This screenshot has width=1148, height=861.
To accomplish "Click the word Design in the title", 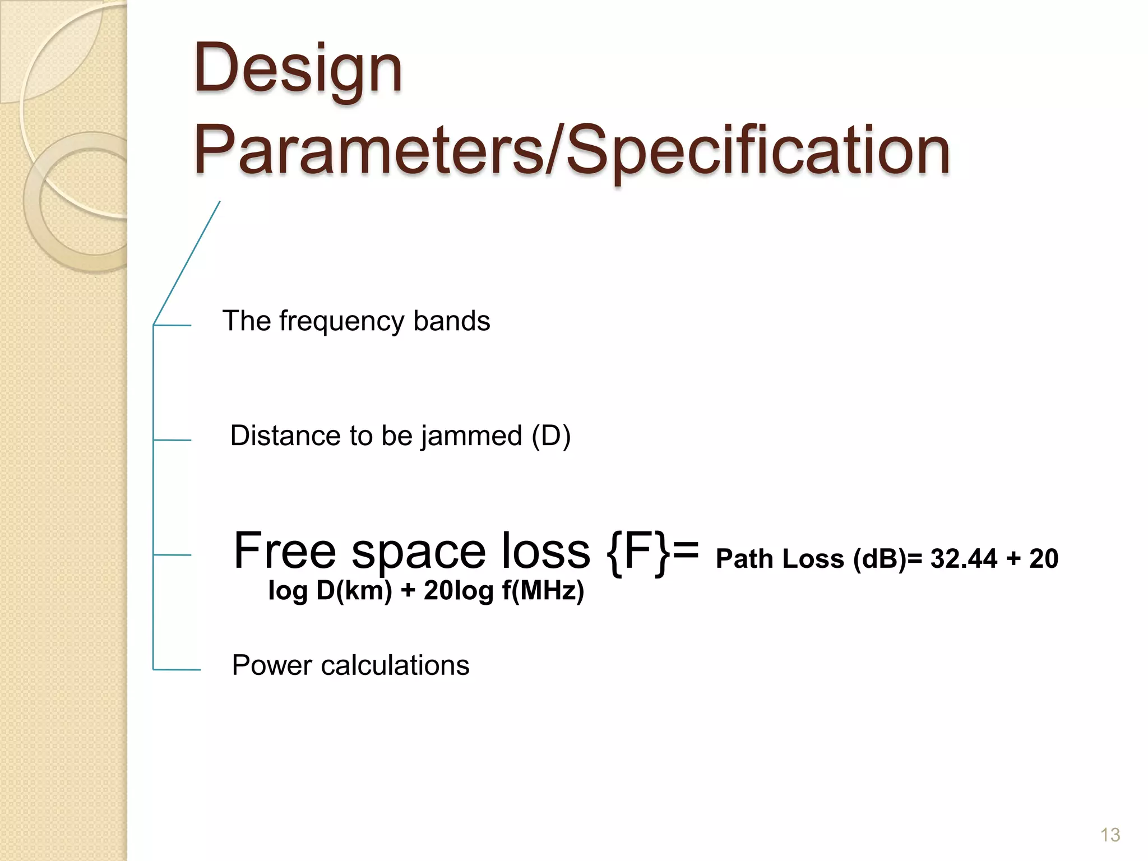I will tap(298, 69).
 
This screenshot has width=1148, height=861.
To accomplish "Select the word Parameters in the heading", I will tap(370, 150).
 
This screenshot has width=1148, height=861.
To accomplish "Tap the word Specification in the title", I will tap(758, 150).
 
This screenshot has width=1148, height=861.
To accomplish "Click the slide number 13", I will tap(1110, 835).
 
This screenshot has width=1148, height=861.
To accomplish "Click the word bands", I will tap(451, 321).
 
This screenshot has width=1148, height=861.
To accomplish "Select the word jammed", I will tap(471, 436).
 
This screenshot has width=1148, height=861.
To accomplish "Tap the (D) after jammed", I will tap(551, 436).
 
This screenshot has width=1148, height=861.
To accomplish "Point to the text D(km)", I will tap(354, 590).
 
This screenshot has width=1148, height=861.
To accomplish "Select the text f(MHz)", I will tap(543, 590).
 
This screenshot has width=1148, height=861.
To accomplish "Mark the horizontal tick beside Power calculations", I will tap(177, 669).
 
